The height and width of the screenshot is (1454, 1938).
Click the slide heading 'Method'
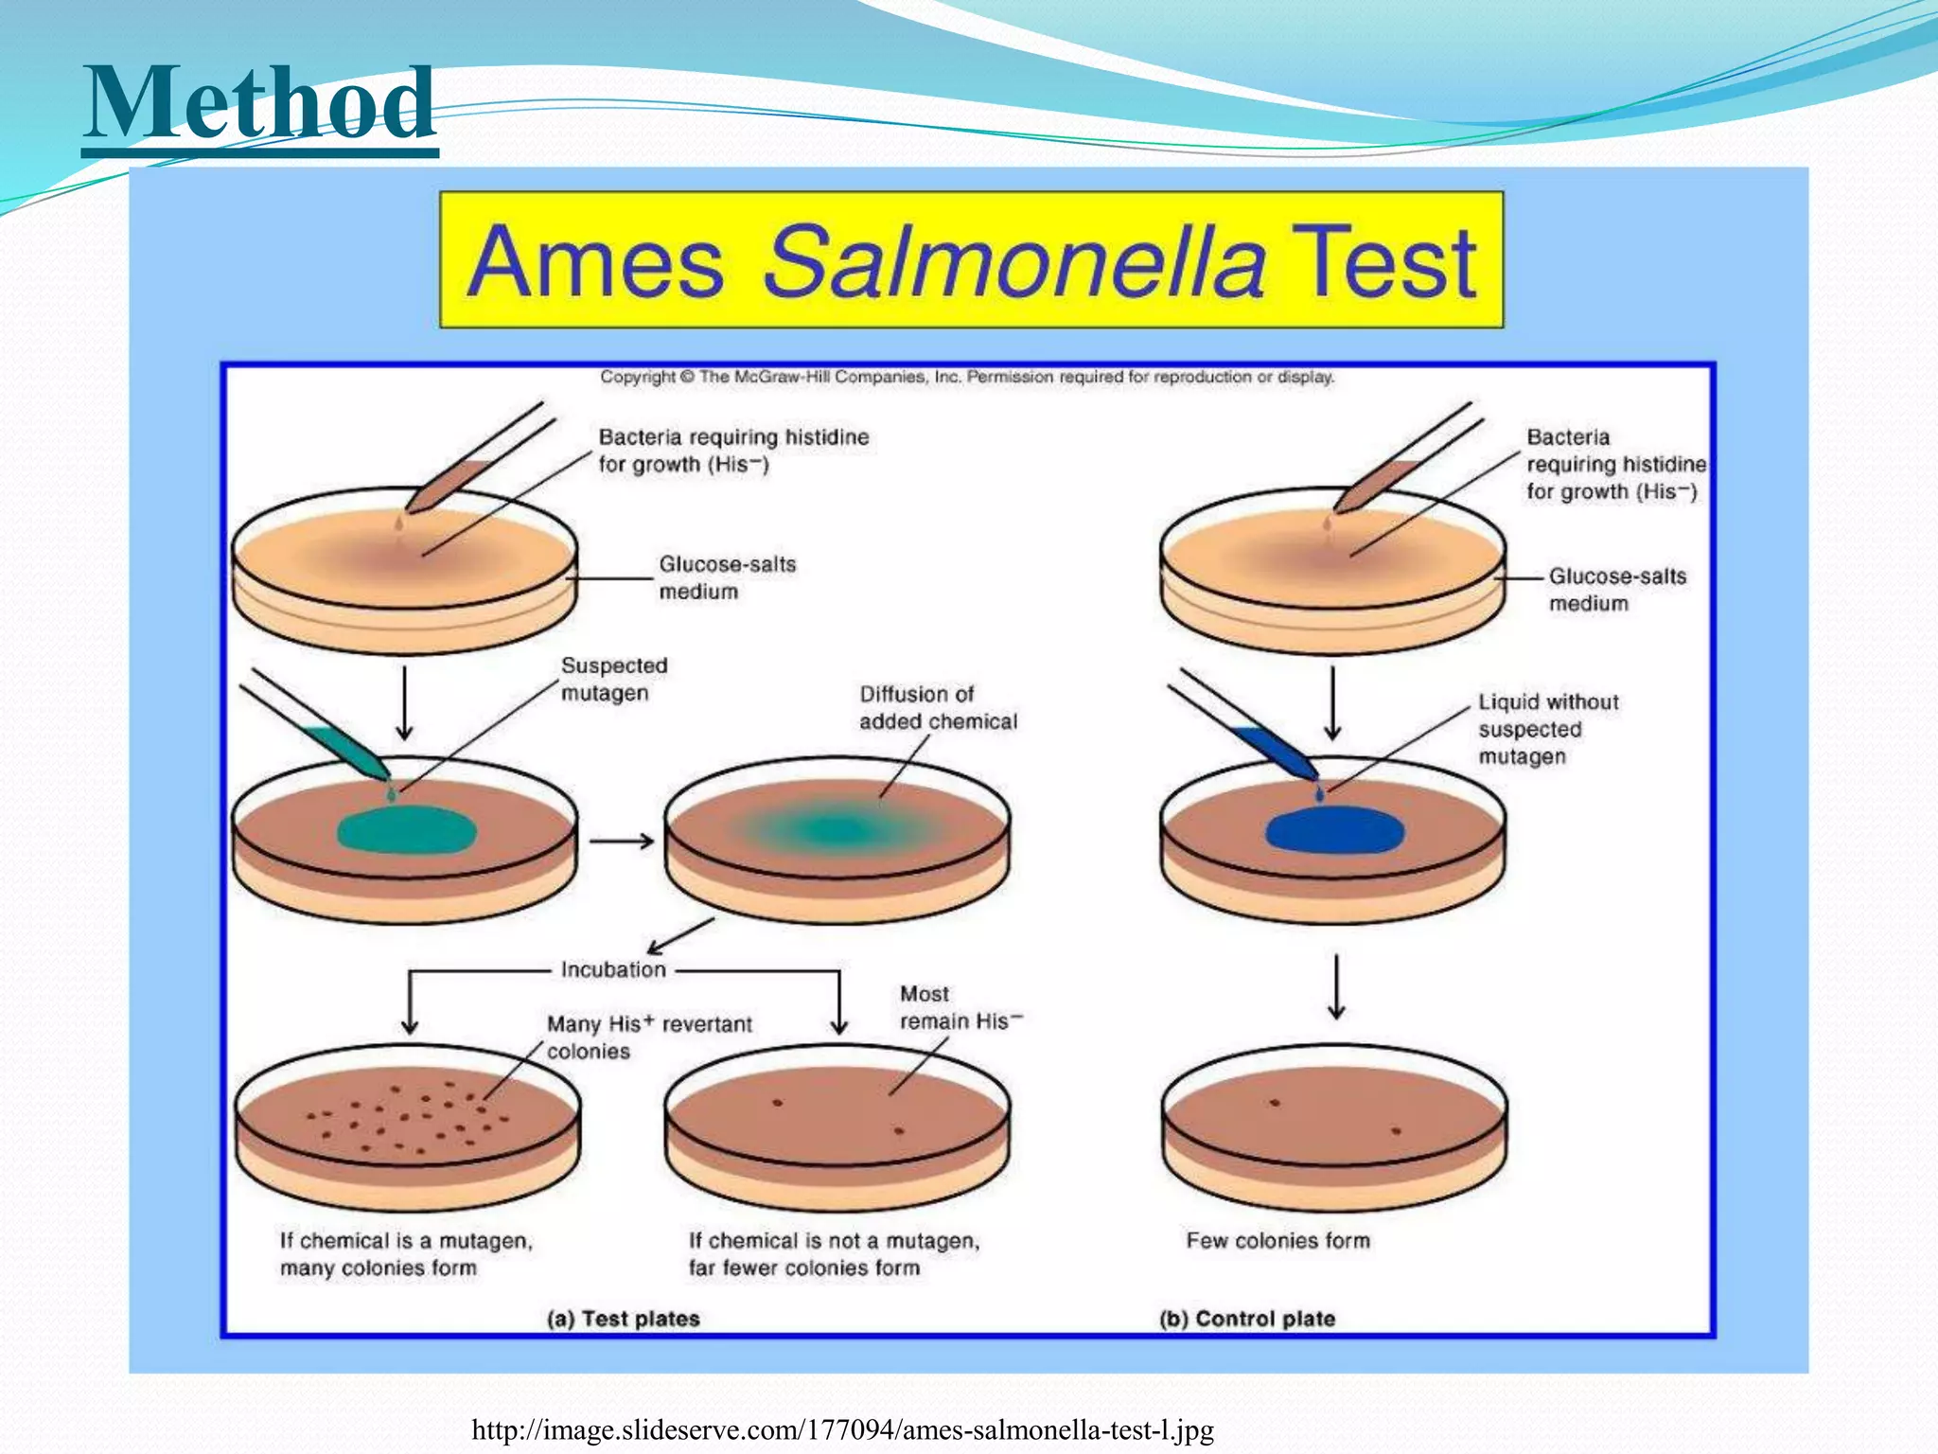pyautogui.click(x=260, y=104)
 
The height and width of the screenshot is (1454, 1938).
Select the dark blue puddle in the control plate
pyautogui.click(x=1334, y=830)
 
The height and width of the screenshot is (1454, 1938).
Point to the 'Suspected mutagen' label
pyautogui.click(x=613, y=679)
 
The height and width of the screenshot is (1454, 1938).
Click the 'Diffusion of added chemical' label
pyautogui.click(x=937, y=707)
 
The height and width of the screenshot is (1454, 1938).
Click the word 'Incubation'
pyautogui.click(x=613, y=969)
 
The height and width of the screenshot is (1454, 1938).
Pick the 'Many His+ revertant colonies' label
pyautogui.click(x=648, y=1037)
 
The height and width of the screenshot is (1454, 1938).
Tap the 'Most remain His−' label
pyautogui.click(x=959, y=1007)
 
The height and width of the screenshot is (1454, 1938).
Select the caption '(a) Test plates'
pyautogui.click(x=623, y=1319)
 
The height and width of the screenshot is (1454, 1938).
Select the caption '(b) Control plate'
pyautogui.click(x=1246, y=1319)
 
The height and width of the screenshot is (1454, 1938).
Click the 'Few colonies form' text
pyautogui.click(x=1277, y=1240)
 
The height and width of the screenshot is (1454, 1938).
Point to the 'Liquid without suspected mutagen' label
pyautogui.click(x=1547, y=728)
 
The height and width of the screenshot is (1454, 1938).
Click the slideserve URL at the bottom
pyautogui.click(x=842, y=1429)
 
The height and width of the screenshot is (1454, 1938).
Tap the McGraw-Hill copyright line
pyautogui.click(x=966, y=377)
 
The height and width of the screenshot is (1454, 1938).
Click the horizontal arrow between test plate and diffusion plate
pyautogui.click(x=621, y=841)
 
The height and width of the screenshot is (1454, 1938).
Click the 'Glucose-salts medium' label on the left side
pyautogui.click(x=726, y=577)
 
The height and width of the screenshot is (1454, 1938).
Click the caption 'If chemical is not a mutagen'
pyautogui.click(x=833, y=1240)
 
